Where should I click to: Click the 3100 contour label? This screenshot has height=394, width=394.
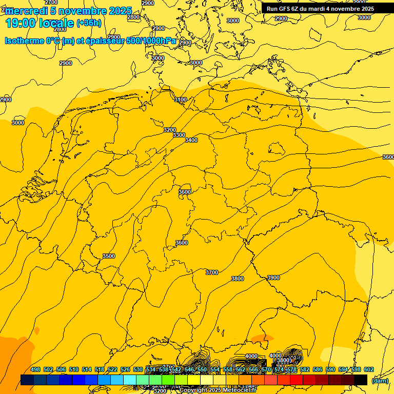181,100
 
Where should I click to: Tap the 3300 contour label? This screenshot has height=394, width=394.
179,135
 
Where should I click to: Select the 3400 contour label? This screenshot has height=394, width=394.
191,140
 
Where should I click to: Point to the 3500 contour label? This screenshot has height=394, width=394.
109,256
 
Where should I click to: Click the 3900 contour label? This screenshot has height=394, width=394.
273,278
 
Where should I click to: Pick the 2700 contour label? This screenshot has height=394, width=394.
51,3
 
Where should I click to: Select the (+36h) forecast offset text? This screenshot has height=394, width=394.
89,23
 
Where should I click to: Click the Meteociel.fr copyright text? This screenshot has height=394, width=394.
218,390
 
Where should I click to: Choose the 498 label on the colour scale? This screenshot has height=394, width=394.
35,370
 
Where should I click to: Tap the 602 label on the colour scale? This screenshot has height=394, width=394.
369,370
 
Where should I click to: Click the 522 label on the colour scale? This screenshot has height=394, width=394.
112,370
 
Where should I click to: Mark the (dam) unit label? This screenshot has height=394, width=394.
380,380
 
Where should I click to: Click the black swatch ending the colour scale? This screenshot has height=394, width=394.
361,380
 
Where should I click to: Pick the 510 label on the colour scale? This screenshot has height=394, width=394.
74,370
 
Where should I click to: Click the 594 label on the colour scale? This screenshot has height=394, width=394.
343,370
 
